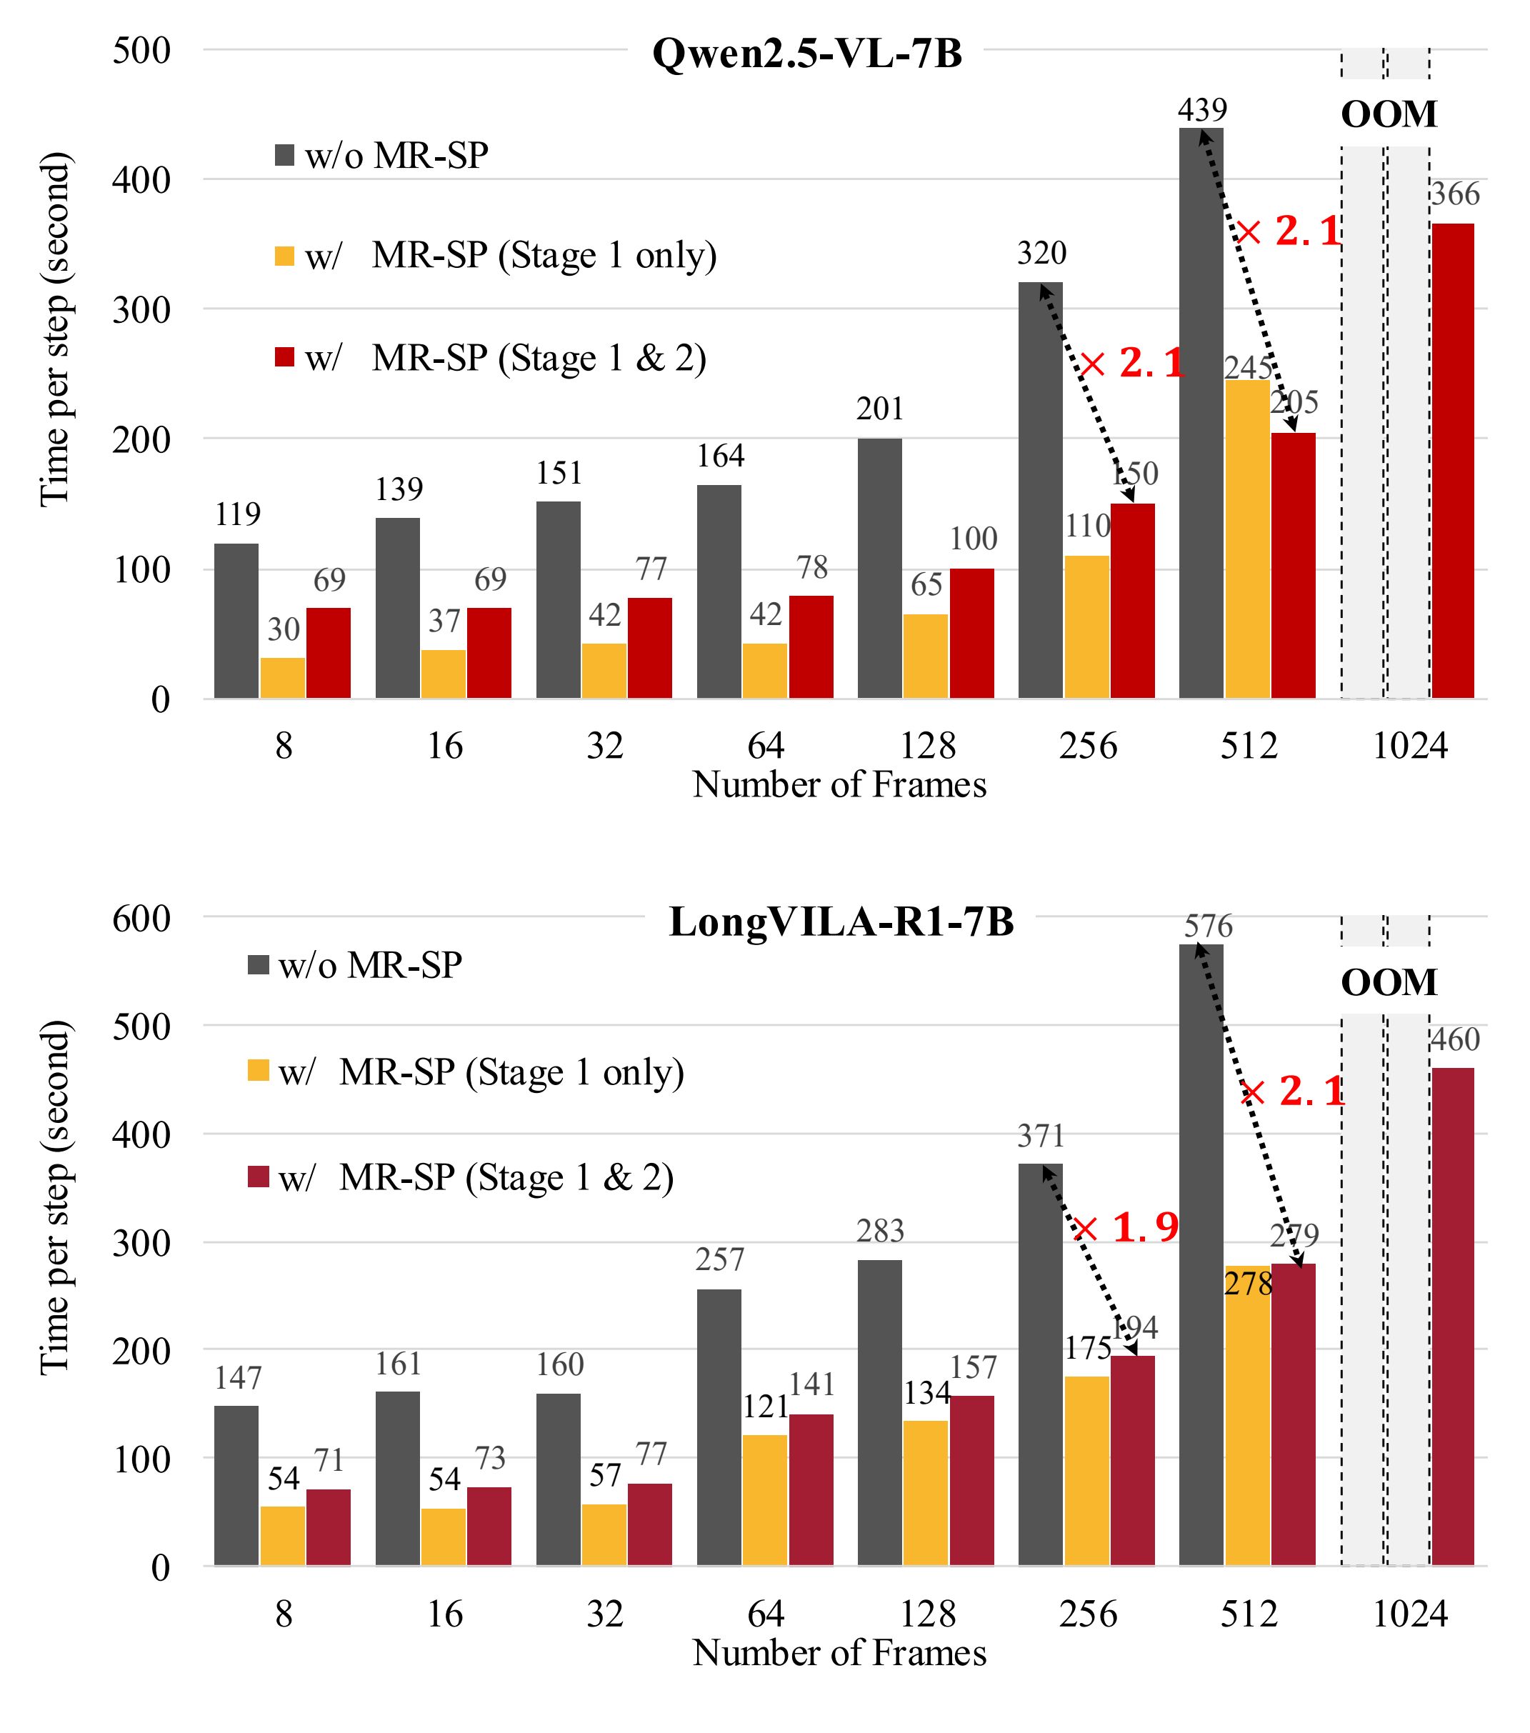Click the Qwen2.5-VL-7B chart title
(x=806, y=54)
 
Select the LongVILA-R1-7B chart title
(x=841, y=922)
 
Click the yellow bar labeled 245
(x=1247, y=539)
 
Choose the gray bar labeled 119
(x=236, y=621)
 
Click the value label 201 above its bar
(x=879, y=409)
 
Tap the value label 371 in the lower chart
(x=1040, y=1136)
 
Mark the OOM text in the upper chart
(x=1389, y=114)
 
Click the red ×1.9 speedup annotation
(x=1126, y=1227)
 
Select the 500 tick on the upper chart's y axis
(x=141, y=50)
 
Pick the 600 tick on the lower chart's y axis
(x=141, y=918)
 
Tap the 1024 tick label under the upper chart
(x=1409, y=746)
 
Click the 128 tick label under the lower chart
(x=926, y=1614)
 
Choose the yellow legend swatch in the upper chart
(x=285, y=255)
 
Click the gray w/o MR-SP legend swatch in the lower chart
(x=258, y=966)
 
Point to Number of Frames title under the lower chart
(x=839, y=1652)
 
